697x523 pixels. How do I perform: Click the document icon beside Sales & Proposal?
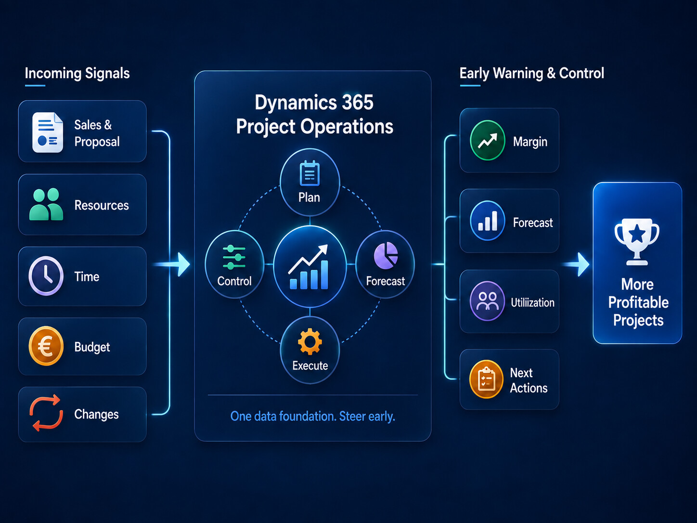click(x=48, y=132)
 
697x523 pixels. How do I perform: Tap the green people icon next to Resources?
click(x=46, y=204)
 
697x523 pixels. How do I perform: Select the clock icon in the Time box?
click(x=46, y=276)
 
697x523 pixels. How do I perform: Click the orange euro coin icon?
click(x=46, y=346)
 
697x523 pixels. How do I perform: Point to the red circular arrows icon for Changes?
click(x=46, y=413)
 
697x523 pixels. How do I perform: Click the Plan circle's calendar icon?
click(x=310, y=173)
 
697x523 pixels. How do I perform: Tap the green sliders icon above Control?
click(x=234, y=257)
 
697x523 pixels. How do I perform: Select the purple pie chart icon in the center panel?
click(x=386, y=256)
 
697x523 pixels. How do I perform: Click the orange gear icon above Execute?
click(x=310, y=341)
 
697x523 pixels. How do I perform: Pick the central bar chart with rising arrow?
click(x=308, y=267)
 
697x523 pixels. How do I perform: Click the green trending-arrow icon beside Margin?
click(x=488, y=140)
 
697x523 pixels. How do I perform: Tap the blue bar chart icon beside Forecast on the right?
click(x=488, y=221)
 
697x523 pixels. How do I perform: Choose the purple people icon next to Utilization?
click(x=488, y=301)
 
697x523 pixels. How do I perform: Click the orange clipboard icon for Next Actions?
click(x=487, y=379)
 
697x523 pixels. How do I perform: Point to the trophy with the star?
click(x=637, y=242)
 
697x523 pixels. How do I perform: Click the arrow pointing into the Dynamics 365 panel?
click(x=171, y=264)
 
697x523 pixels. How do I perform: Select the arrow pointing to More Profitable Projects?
click(x=576, y=264)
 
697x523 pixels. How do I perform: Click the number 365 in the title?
click(x=358, y=102)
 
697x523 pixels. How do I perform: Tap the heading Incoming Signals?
click(x=77, y=73)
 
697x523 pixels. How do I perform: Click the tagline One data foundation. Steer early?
click(x=313, y=416)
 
